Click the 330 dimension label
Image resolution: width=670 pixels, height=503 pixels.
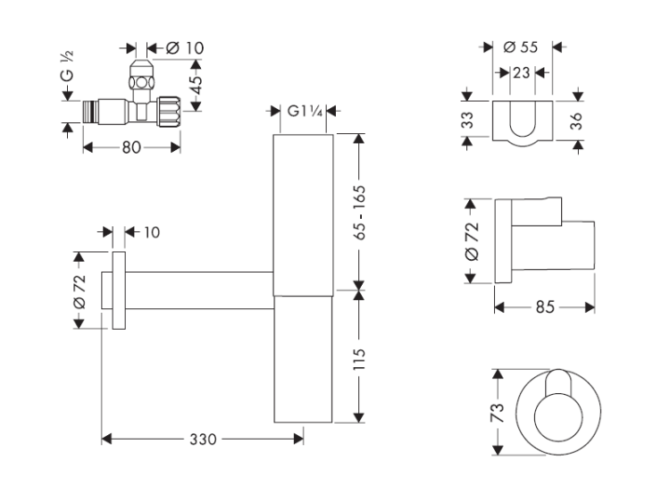point(204,439)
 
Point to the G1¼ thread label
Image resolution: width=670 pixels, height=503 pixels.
point(302,111)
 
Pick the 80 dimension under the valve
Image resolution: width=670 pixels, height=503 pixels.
point(130,147)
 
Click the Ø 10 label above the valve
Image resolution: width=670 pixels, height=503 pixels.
point(167,46)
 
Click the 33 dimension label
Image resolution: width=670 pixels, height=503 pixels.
point(466,120)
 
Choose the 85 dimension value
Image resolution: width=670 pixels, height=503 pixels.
point(545,306)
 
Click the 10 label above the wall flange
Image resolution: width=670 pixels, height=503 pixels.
point(151,232)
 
